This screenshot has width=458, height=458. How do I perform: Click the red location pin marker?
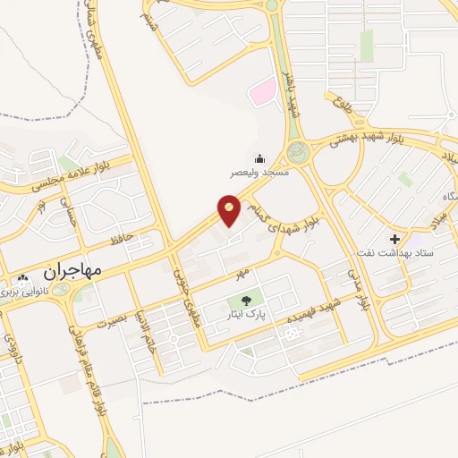point(229,210)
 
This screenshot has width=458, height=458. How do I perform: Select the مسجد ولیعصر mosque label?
point(260,172)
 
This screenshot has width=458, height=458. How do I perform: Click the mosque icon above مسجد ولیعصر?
point(260,158)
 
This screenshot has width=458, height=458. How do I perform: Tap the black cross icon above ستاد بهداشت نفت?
point(394,240)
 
